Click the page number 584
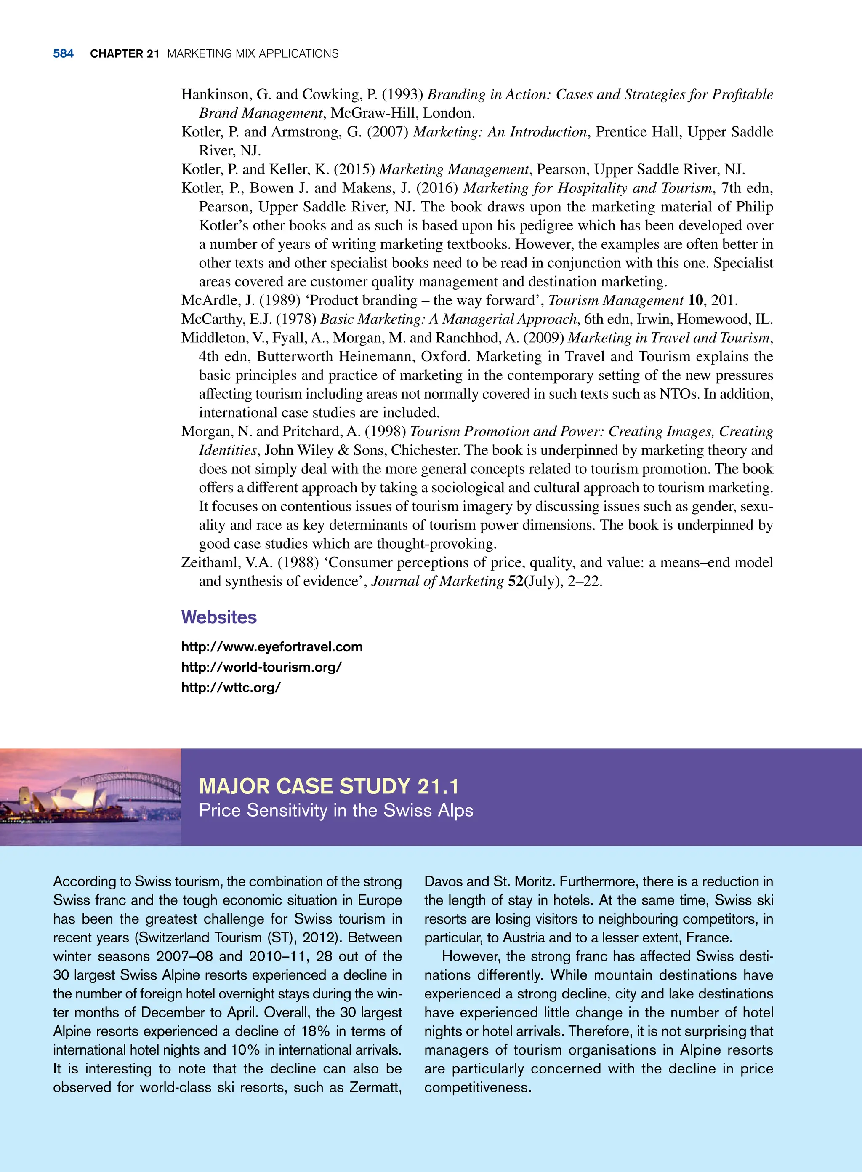(x=63, y=54)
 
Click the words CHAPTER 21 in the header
(x=124, y=54)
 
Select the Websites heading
(x=218, y=617)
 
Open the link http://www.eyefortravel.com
(x=271, y=647)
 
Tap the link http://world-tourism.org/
(x=261, y=667)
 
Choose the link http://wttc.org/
(x=231, y=688)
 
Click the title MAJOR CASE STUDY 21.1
(x=329, y=786)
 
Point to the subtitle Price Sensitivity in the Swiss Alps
(x=336, y=810)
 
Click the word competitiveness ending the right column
(x=477, y=1087)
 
